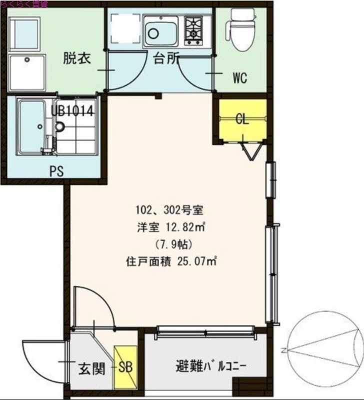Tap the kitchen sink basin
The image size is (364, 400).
pyautogui.click(x=160, y=31)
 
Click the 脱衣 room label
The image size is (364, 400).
pyautogui.click(x=76, y=58)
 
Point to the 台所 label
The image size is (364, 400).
pyautogui.click(x=165, y=58)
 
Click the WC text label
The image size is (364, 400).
pyautogui.click(x=239, y=78)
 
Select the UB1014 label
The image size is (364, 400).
pyautogui.click(x=72, y=110)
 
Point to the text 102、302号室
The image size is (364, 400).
pyautogui.click(x=168, y=210)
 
